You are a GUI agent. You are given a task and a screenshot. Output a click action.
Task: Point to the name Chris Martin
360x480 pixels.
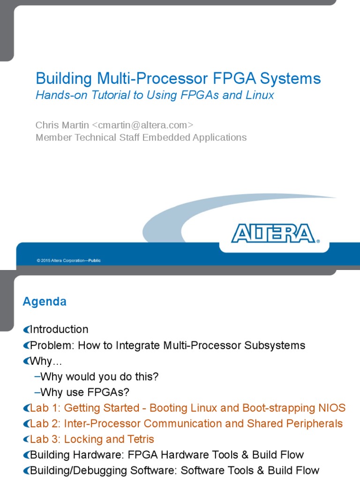pyautogui.click(x=62, y=125)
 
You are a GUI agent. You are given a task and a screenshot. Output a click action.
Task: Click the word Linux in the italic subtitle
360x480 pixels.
pyautogui.click(x=260, y=95)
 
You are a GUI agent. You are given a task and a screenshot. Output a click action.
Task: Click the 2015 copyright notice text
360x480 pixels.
pyautogui.click(x=68, y=261)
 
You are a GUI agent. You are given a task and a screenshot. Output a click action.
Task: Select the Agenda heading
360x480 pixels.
pyautogui.click(x=45, y=302)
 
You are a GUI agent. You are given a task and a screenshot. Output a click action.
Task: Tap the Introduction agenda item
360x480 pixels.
pyautogui.click(x=59, y=330)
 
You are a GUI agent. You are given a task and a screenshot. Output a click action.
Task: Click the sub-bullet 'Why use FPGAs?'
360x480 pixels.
pyautogui.click(x=84, y=392)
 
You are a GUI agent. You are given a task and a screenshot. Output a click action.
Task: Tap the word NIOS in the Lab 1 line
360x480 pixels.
pyautogui.click(x=332, y=408)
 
